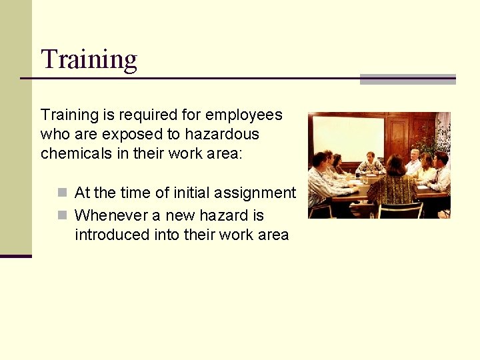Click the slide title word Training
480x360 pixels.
89,60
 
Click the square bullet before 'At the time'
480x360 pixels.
62,193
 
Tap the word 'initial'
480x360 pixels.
193,193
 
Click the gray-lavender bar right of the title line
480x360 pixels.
407,79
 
